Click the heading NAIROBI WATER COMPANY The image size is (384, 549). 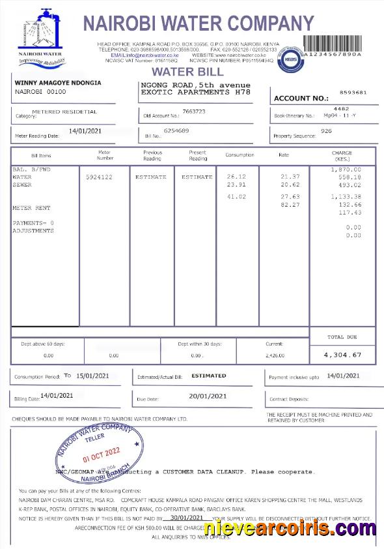[199, 24]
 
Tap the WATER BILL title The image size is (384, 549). [187, 72]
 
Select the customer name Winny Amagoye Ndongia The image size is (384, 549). [58, 83]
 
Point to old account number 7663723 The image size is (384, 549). [194, 111]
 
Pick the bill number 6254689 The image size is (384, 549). [176, 131]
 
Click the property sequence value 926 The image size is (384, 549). [327, 131]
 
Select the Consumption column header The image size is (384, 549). [240, 155]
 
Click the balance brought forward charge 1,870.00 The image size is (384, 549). [346, 169]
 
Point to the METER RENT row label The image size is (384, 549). [31, 208]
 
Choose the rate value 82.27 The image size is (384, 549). [290, 205]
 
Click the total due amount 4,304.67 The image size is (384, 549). [342, 355]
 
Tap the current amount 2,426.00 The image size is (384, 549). [275, 355]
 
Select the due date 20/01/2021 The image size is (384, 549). [208, 396]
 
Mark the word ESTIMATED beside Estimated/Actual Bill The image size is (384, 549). [209, 376]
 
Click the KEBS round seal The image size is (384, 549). [290, 59]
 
